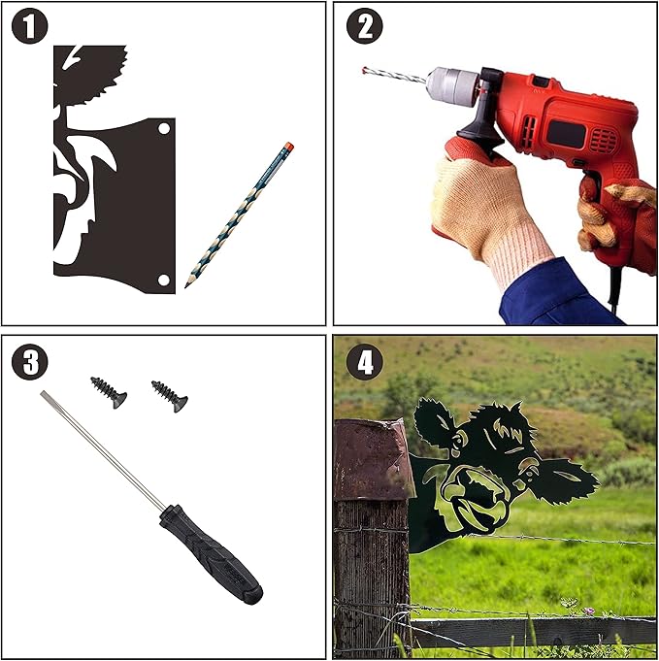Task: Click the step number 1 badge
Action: pos(29,26)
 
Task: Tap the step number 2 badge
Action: pos(365,26)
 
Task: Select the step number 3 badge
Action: pos(29,362)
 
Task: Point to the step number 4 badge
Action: pos(365,362)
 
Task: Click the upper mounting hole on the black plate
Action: pos(164,128)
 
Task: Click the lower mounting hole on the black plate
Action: pos(164,280)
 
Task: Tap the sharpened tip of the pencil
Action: pos(186,286)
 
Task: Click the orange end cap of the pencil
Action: pos(289,147)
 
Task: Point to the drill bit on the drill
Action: pos(395,75)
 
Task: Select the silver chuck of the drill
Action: pos(452,86)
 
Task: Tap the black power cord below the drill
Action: pos(614,291)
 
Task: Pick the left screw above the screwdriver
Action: pos(109,392)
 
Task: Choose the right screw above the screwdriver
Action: pos(170,396)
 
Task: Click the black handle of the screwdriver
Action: pos(211,554)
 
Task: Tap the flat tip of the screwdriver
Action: pos(43,394)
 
